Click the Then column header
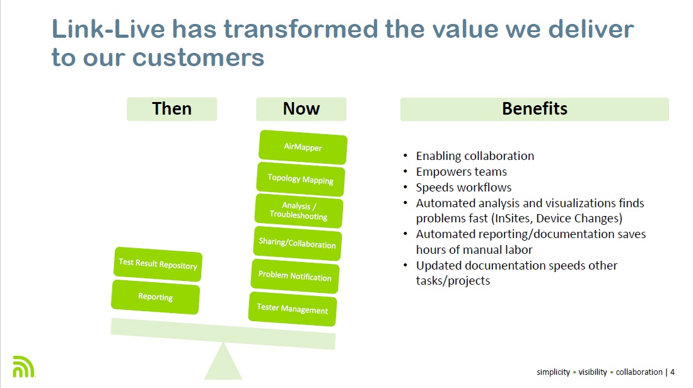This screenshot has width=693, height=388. (x=172, y=109)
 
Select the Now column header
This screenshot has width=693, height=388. (x=301, y=109)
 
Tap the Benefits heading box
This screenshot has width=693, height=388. (x=534, y=109)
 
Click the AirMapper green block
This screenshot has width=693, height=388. (x=303, y=147)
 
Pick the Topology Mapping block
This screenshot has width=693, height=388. (x=300, y=179)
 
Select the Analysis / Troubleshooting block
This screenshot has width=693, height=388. (x=299, y=211)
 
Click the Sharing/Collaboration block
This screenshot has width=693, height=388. (x=297, y=243)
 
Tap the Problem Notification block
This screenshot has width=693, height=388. (x=294, y=276)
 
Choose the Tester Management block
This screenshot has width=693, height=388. (x=292, y=309)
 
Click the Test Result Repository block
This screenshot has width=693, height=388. (x=158, y=264)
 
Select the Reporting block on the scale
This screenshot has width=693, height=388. (x=155, y=297)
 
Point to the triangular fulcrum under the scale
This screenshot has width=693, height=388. (x=223, y=363)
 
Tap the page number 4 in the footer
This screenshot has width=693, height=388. (x=672, y=372)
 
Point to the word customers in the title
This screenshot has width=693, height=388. (x=198, y=57)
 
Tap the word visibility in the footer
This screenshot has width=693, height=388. (x=593, y=372)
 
